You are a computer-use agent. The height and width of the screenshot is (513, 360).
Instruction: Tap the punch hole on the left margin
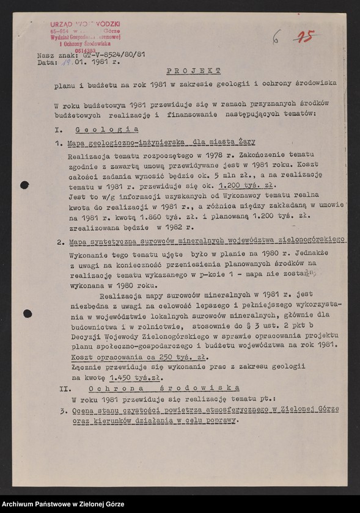coord(25,185)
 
